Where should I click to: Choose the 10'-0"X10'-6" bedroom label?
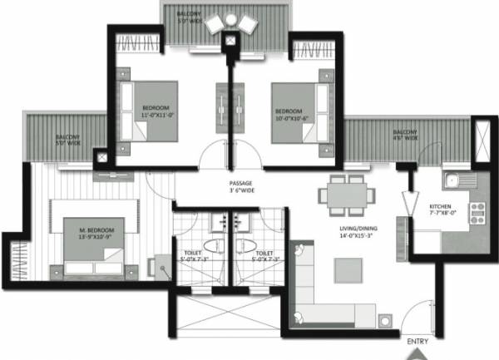click(x=291, y=112)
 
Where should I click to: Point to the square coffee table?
click(x=349, y=270)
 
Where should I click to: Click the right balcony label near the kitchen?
click(x=405, y=135)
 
